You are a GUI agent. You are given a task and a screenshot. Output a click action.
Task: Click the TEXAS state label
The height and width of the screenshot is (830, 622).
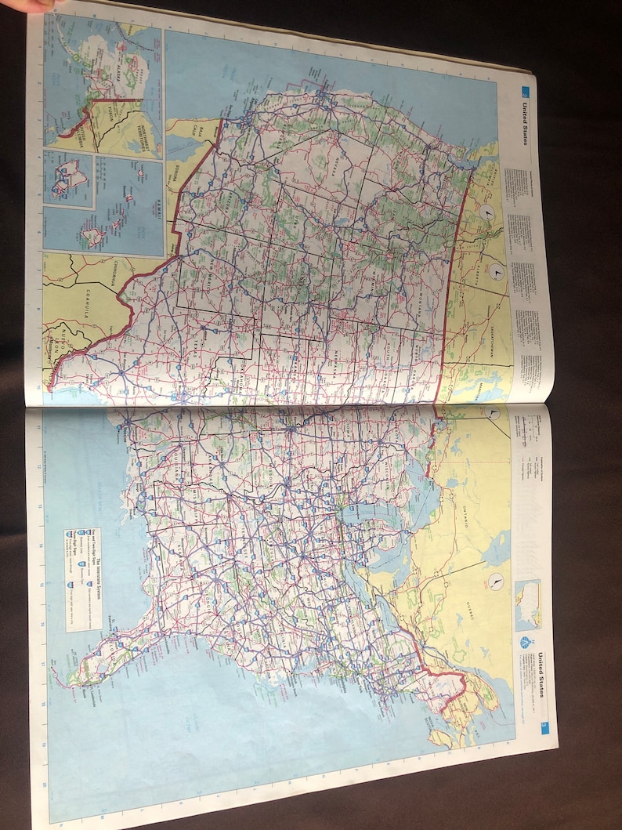pyautogui.click(x=196, y=345)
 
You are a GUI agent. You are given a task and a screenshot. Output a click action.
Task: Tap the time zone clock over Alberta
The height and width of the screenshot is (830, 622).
pyautogui.click(x=497, y=272)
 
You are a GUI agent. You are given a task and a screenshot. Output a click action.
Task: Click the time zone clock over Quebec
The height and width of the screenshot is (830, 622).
pyautogui.click(x=496, y=582)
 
